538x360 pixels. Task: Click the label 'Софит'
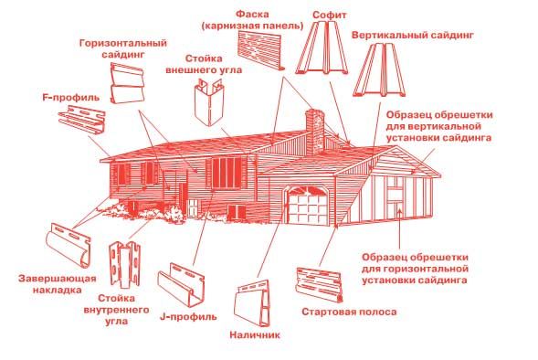click(x=329, y=16)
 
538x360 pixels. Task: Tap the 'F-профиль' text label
click(x=71, y=98)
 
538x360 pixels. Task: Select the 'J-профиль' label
click(x=188, y=316)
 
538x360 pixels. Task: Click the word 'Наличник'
click(x=255, y=334)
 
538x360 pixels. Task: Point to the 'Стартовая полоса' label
click(x=349, y=312)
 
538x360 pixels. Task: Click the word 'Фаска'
click(x=252, y=15)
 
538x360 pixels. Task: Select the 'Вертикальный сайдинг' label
click(x=413, y=36)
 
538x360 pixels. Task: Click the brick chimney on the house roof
click(x=315, y=132)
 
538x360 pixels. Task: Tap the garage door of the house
click(x=308, y=206)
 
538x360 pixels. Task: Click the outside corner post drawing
click(x=209, y=102)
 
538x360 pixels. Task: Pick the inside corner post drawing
click(x=125, y=265)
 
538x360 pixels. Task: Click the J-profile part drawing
click(x=181, y=284)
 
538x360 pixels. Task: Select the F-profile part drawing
click(x=81, y=119)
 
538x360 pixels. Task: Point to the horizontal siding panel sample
click(x=127, y=83)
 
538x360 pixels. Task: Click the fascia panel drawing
click(x=260, y=49)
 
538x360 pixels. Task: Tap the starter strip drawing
click(x=319, y=284)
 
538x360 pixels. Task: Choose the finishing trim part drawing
click(x=69, y=244)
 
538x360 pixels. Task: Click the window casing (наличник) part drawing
click(x=252, y=303)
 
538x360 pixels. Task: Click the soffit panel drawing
click(x=322, y=48)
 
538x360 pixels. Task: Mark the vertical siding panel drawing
click(x=379, y=69)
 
